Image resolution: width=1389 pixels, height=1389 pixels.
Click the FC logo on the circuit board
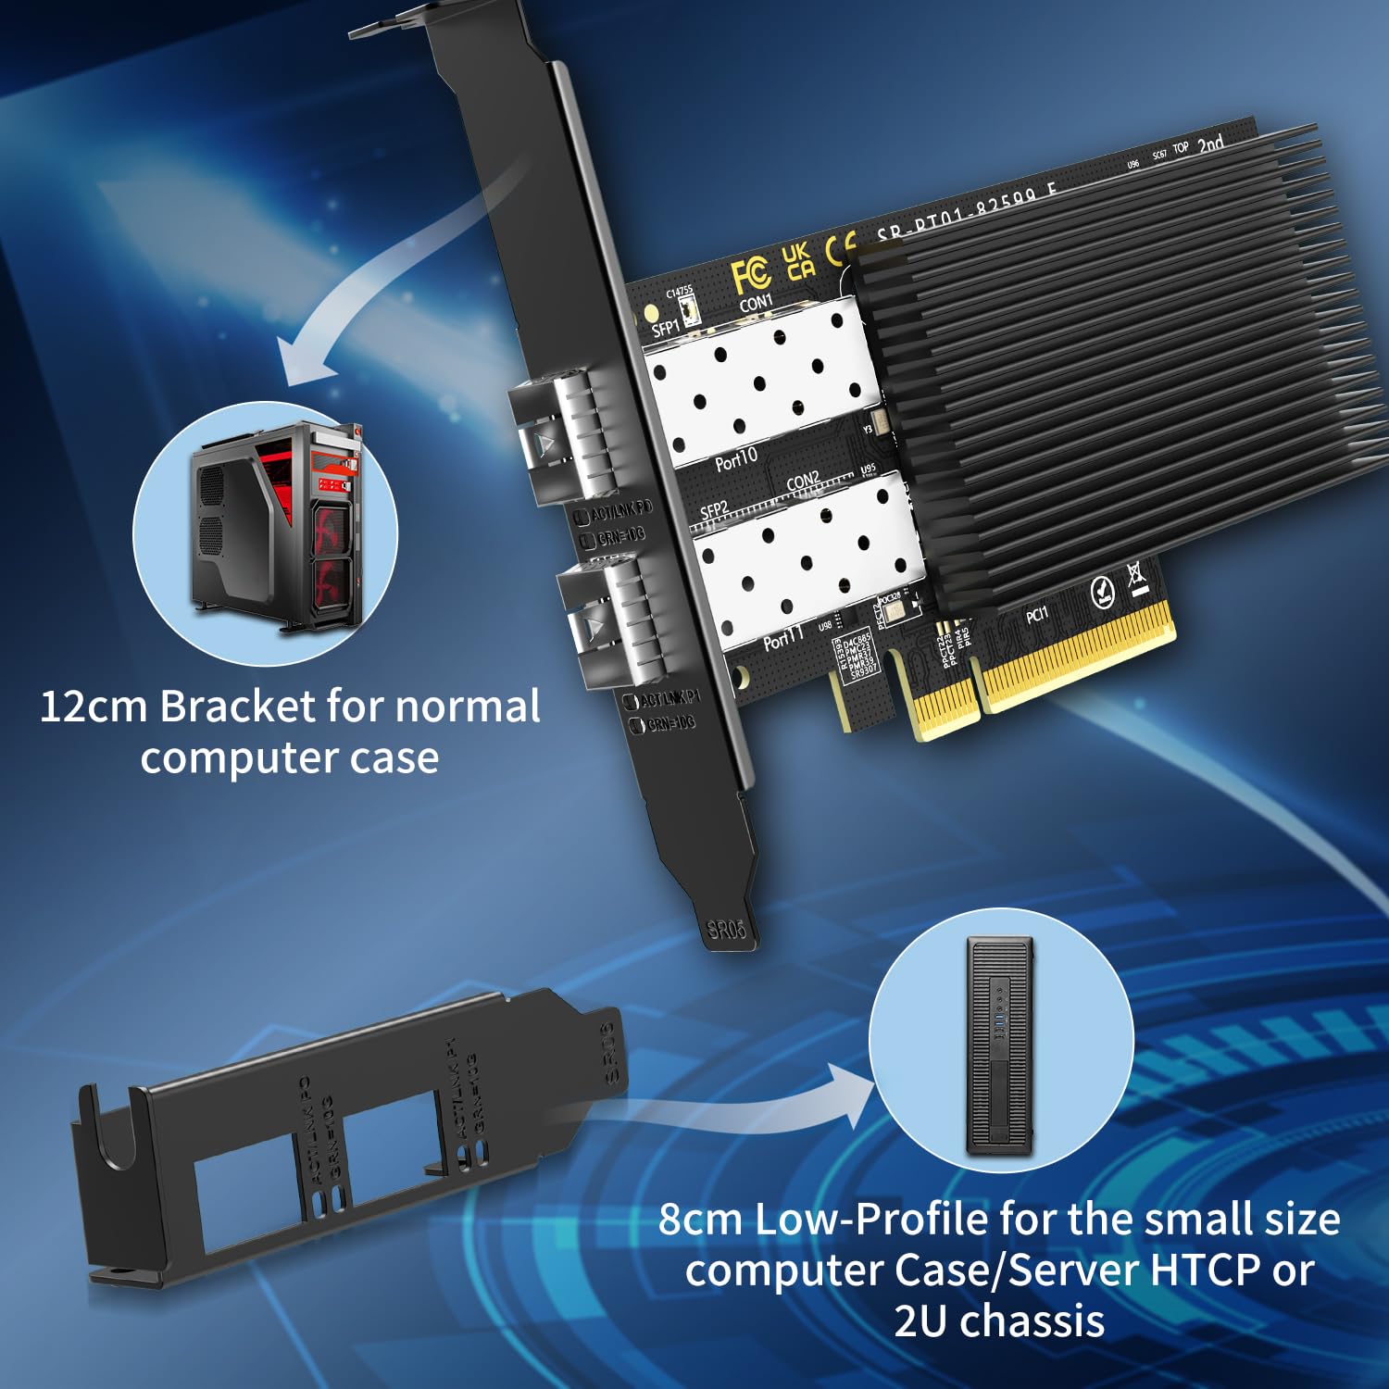[x=750, y=275]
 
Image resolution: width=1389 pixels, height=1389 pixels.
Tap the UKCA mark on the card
[x=797, y=261]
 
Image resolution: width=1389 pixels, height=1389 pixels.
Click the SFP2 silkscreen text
[x=714, y=510]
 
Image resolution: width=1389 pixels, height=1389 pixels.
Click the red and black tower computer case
[x=275, y=527]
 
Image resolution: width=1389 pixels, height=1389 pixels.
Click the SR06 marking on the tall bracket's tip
[x=726, y=929]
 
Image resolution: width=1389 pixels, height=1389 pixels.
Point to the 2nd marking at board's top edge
[x=1210, y=144]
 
